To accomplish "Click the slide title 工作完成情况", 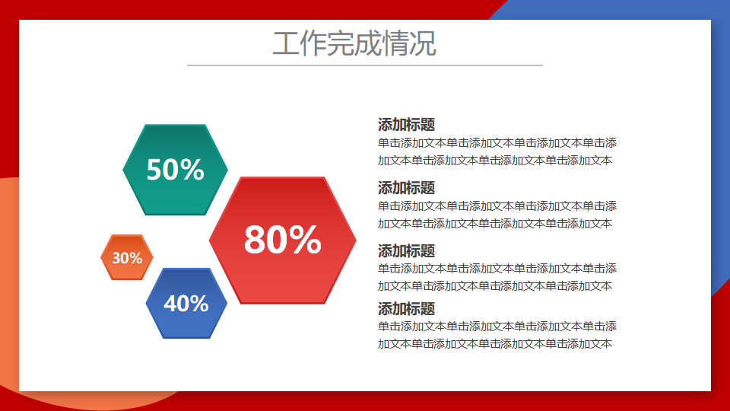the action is point(354,43).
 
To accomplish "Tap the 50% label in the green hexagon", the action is point(175,169).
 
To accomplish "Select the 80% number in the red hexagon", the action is point(283,240).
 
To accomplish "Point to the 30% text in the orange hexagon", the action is point(127,258).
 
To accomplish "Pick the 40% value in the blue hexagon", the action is point(186,304).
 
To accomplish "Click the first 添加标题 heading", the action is point(406,124).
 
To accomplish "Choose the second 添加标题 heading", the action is point(406,188).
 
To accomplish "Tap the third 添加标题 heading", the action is point(406,250).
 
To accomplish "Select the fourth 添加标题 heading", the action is point(406,308).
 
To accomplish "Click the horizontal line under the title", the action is point(365,65).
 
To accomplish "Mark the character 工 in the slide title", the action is point(286,44).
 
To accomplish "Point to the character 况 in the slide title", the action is point(423,44).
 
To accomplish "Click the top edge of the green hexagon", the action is point(175,126).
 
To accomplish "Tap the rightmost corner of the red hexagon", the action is point(356,241).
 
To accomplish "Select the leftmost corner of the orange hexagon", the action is point(101,257).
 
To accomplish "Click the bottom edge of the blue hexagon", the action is point(186,337).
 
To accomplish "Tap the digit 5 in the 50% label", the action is point(154,170).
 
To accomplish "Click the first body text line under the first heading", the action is point(497,142).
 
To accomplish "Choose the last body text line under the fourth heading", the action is point(495,344).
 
